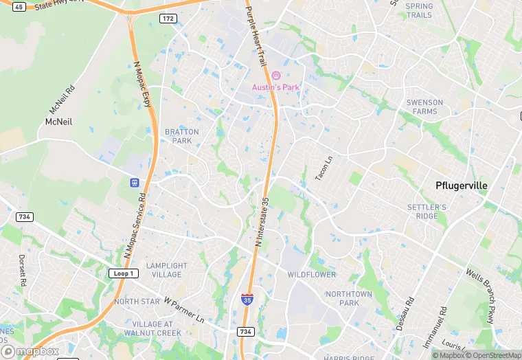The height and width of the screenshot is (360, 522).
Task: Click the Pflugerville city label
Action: click(462, 185)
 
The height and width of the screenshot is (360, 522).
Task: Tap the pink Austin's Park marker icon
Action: click(275, 76)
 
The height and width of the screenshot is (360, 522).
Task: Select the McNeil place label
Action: click(58, 122)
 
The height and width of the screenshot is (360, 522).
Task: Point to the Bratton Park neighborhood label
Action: click(182, 136)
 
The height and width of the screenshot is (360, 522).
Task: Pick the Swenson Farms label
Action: click(425, 106)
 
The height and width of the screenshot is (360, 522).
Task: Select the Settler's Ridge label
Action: click(427, 211)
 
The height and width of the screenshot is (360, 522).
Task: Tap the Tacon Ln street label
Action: click(323, 168)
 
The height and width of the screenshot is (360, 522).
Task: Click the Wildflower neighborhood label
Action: click(312, 275)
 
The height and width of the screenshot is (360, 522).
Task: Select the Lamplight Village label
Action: click(166, 270)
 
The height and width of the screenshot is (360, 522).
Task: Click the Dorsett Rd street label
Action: click(23, 271)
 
